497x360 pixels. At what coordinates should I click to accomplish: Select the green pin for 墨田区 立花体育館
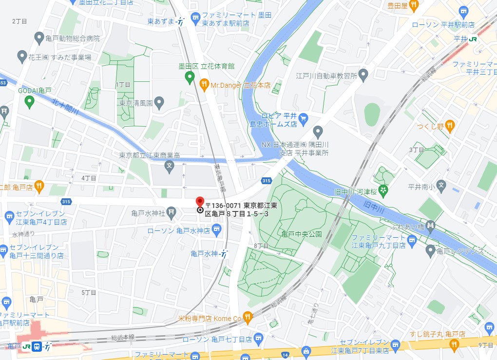tap(190, 77)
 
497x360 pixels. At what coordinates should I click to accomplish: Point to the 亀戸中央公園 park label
tap(302, 234)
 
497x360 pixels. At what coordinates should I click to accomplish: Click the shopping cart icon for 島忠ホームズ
tap(303, 117)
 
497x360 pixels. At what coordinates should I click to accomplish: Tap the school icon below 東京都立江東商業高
tap(170, 167)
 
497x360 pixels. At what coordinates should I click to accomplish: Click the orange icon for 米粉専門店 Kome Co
tap(248, 318)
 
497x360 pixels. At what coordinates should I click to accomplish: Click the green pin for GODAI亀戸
tap(29, 102)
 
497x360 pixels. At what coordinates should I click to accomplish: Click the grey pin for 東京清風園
tap(159, 103)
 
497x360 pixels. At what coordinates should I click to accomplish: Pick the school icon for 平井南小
tap(440, 185)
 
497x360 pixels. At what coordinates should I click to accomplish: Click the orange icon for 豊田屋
tap(414, 6)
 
